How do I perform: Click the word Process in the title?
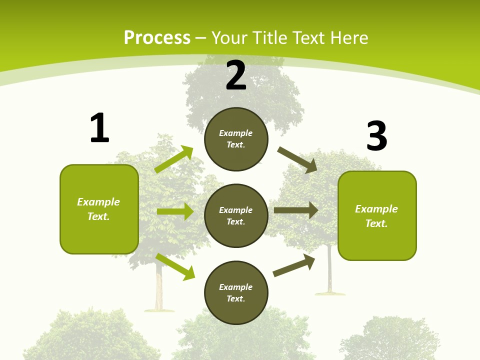click(x=157, y=38)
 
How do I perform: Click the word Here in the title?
click(x=349, y=38)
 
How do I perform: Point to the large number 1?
click(x=99, y=128)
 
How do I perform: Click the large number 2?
click(x=236, y=75)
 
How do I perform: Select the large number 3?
click(x=376, y=136)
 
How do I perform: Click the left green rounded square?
click(x=99, y=209)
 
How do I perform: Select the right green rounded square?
click(x=377, y=215)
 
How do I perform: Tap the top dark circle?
click(x=236, y=139)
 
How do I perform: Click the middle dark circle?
click(x=236, y=215)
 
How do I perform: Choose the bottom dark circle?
click(x=236, y=292)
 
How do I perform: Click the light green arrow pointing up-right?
click(x=174, y=159)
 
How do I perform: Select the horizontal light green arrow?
click(x=175, y=211)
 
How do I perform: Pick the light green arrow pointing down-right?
click(x=175, y=266)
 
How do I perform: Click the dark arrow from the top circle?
click(x=297, y=159)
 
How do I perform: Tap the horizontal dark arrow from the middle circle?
click(x=296, y=210)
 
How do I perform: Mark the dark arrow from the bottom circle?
click(x=294, y=265)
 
